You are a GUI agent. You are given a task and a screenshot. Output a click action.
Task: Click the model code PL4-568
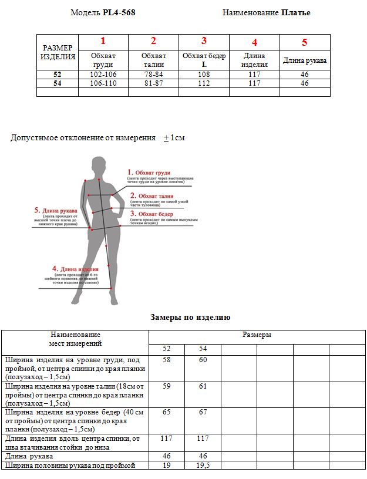(x=119, y=12)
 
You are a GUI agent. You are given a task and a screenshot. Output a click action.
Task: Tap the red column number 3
(x=204, y=41)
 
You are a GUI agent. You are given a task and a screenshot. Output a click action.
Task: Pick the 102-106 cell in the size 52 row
(x=103, y=75)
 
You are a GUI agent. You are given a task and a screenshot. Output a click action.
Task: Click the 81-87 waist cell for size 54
(x=153, y=83)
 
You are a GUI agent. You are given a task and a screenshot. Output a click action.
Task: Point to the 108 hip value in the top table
(x=204, y=75)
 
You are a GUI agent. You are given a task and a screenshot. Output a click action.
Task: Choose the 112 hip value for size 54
(x=204, y=83)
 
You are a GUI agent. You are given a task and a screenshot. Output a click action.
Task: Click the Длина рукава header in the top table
(x=305, y=60)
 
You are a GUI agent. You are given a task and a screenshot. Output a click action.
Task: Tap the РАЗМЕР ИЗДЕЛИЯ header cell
(x=58, y=52)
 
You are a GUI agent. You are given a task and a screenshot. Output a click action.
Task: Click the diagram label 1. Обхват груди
(x=149, y=173)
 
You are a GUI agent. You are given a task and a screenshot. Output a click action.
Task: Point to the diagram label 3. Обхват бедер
(x=151, y=214)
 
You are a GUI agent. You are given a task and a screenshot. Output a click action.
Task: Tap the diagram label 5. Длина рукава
(x=55, y=210)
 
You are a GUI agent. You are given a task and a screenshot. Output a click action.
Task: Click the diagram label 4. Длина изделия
(x=75, y=269)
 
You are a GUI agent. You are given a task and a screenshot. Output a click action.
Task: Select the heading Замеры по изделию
(x=190, y=318)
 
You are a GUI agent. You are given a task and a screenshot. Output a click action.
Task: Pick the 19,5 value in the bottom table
(x=203, y=465)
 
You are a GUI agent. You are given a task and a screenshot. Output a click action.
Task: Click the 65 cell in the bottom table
(x=166, y=413)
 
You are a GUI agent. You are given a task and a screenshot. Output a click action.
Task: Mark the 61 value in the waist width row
(x=203, y=386)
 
